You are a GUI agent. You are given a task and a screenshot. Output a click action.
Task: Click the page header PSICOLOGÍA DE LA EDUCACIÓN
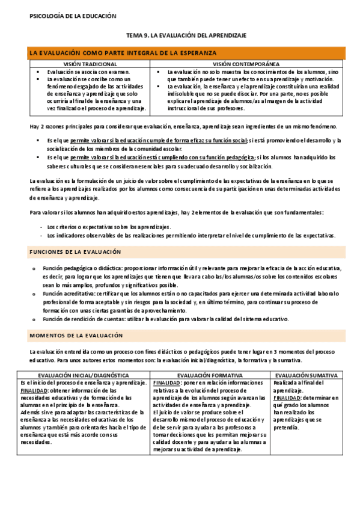pos(73,17)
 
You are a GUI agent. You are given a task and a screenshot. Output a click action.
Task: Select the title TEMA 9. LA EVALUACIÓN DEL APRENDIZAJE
pos(186,36)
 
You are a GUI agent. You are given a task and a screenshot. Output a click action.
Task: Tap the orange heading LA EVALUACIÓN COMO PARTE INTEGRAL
pos(123,54)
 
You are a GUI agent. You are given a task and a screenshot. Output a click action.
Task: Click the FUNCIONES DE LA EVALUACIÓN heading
pos(75,251)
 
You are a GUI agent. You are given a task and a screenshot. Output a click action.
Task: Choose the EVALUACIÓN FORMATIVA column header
pos(210,375)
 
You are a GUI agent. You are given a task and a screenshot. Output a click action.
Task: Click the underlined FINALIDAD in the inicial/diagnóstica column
pos(34,390)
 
